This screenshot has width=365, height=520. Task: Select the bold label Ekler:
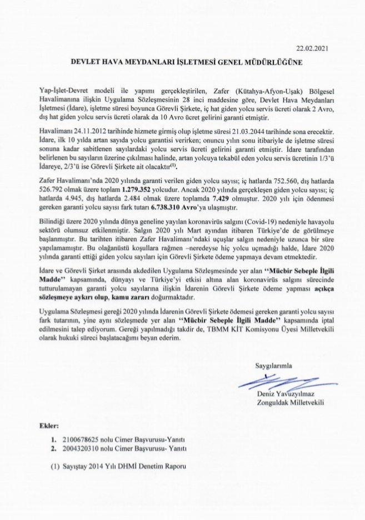[49, 426]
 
